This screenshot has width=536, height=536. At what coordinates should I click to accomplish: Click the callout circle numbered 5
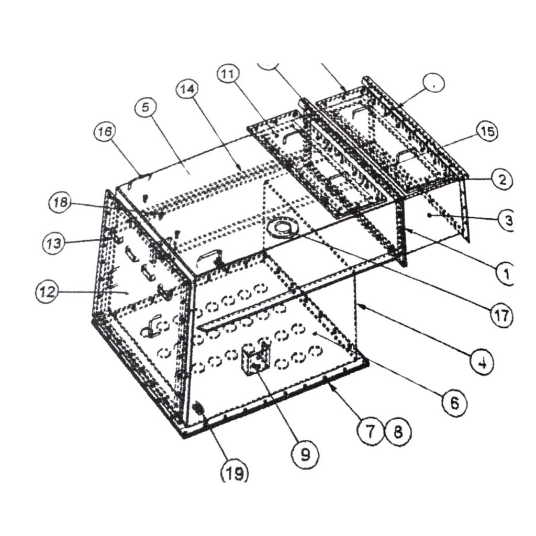pos(146,108)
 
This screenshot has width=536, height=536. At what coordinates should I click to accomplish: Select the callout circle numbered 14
pos(187,90)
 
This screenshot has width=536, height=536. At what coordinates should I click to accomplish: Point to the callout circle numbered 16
pos(105,133)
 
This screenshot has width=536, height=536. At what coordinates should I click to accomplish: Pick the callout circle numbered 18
pos(62,203)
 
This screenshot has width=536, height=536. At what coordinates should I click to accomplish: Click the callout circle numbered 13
pos(53,242)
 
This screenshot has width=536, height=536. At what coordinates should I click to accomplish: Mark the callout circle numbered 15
pos(486,131)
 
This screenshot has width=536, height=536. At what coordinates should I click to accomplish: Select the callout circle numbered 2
pos(501,180)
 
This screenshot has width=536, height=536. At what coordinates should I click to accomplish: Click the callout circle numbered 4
pos(481,362)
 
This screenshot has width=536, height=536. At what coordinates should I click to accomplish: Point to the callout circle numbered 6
pos(453,403)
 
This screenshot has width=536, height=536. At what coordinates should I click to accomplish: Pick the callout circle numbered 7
pos(371,431)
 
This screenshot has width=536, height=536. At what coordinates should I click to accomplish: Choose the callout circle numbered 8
pos(398,431)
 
